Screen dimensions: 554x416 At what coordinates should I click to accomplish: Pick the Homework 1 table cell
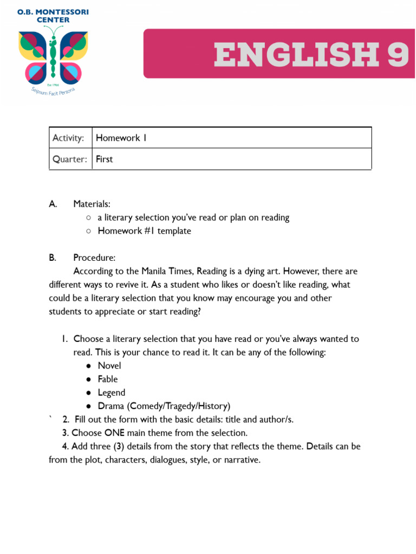[232, 138]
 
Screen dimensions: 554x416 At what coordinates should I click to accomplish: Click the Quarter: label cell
[70, 159]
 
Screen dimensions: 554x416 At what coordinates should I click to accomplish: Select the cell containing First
[232, 159]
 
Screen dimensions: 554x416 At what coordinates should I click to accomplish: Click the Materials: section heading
[92, 204]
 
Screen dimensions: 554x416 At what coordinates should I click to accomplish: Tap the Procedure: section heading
[94, 258]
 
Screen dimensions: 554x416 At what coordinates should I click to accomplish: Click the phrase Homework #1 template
[144, 231]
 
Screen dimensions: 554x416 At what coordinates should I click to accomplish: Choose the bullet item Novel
[109, 366]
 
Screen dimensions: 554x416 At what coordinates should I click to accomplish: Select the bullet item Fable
[108, 379]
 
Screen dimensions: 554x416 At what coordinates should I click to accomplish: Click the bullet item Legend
[112, 393]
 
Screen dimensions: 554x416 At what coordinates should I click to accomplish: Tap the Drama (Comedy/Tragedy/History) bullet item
[164, 406]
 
